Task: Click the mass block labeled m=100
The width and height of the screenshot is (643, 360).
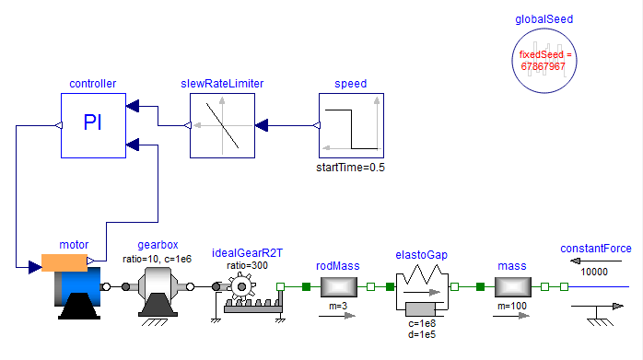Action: pyautogui.click(x=511, y=286)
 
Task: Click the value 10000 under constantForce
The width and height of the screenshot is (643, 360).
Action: pyautogui.click(x=596, y=271)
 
